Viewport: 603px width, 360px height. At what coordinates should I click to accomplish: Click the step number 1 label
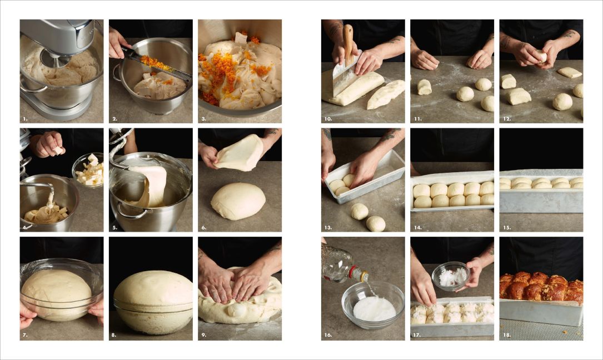tap(25, 119)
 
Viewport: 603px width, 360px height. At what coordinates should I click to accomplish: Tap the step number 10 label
tap(328, 119)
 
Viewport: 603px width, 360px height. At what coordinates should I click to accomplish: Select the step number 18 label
tap(507, 335)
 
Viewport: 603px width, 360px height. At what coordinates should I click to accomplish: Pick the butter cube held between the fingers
tap(58, 151)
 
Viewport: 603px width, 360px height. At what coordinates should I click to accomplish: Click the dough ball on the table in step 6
tap(238, 201)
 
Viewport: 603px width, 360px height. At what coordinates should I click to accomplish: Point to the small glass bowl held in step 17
tap(451, 276)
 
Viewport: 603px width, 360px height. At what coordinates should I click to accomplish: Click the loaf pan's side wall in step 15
tap(541, 201)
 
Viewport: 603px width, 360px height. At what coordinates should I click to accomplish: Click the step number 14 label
tap(417, 228)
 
